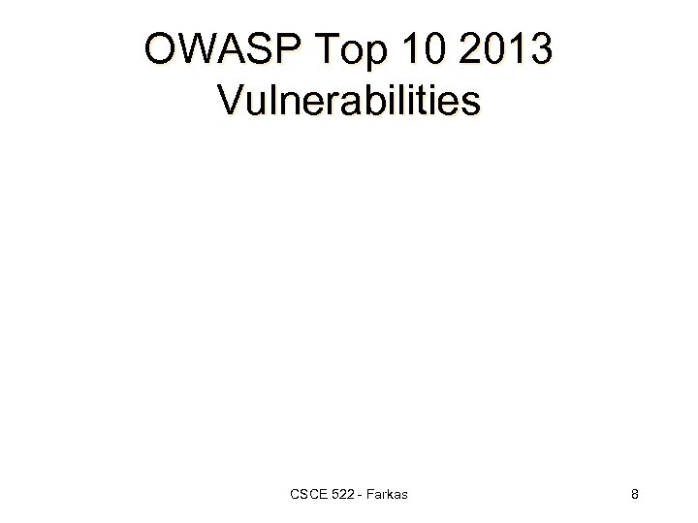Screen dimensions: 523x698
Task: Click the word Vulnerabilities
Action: (349, 99)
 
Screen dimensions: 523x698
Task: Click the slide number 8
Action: (634, 496)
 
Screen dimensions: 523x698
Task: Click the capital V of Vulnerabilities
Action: (233, 99)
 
